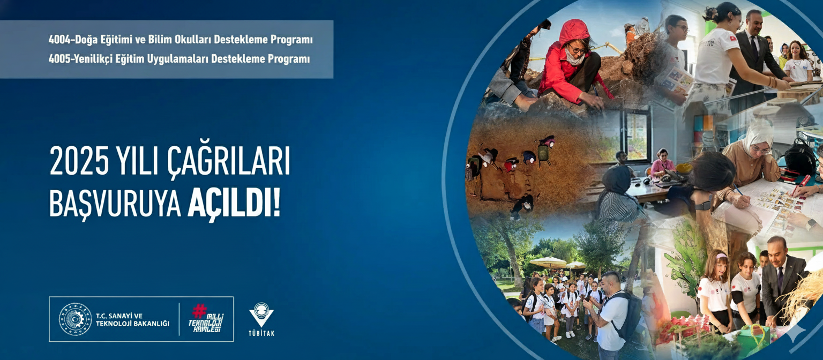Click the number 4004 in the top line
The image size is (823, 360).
coord(59,40)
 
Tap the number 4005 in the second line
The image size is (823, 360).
coord(59,59)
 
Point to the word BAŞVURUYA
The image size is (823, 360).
coord(115,205)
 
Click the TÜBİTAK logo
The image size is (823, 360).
coord(261,319)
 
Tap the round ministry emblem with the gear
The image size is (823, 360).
coord(76,319)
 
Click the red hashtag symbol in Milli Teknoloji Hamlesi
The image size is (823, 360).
coord(199,311)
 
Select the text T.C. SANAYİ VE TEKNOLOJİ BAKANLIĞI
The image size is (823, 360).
coord(132,320)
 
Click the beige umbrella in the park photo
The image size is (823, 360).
coord(548,262)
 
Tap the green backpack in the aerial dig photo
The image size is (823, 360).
coord(543,152)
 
